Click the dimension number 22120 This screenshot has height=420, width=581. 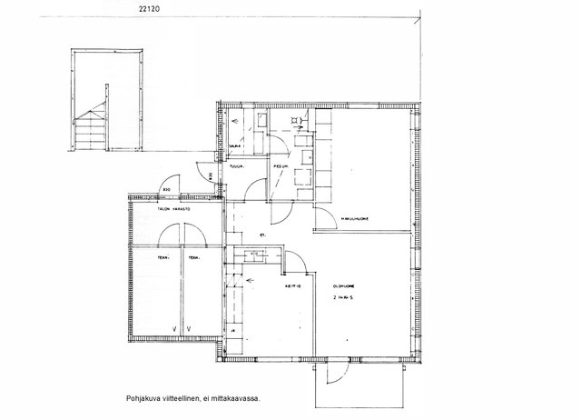153,8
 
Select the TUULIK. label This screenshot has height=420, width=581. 237,167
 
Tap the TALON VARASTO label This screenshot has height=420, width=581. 175,209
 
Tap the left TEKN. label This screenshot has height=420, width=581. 164,258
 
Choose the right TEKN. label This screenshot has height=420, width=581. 193,258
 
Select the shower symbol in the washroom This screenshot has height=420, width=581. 295,119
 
